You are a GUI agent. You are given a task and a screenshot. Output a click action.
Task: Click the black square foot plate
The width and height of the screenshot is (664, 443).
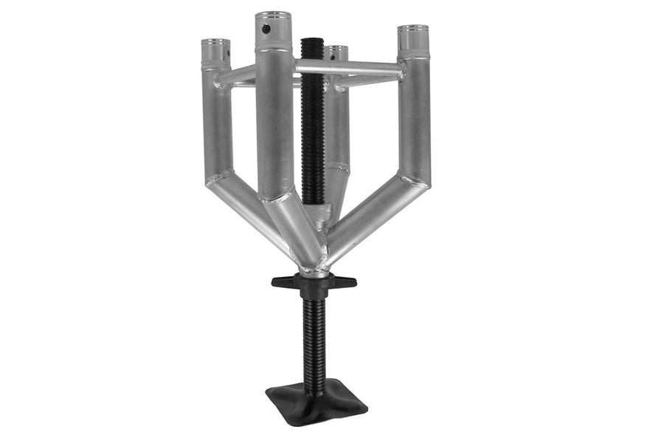(316, 402)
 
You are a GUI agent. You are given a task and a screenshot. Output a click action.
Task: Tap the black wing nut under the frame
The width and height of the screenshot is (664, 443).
(314, 283)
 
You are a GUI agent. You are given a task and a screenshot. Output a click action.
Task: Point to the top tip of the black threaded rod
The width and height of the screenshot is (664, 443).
(312, 39)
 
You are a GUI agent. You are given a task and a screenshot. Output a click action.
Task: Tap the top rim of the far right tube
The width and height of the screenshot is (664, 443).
(412, 30)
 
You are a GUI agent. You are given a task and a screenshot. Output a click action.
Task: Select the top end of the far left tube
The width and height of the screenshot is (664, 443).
(215, 44)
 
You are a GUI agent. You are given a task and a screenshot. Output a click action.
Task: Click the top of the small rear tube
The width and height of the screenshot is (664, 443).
(337, 49)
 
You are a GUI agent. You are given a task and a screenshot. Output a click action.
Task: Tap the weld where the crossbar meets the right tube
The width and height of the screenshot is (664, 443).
(401, 71)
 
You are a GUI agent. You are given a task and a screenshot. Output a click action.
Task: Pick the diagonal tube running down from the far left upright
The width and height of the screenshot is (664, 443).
(251, 214)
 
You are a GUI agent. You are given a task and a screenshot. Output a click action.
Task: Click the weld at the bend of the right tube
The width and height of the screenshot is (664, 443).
(415, 179)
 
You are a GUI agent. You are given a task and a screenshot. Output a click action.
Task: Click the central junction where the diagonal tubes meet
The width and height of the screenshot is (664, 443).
(314, 258)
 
